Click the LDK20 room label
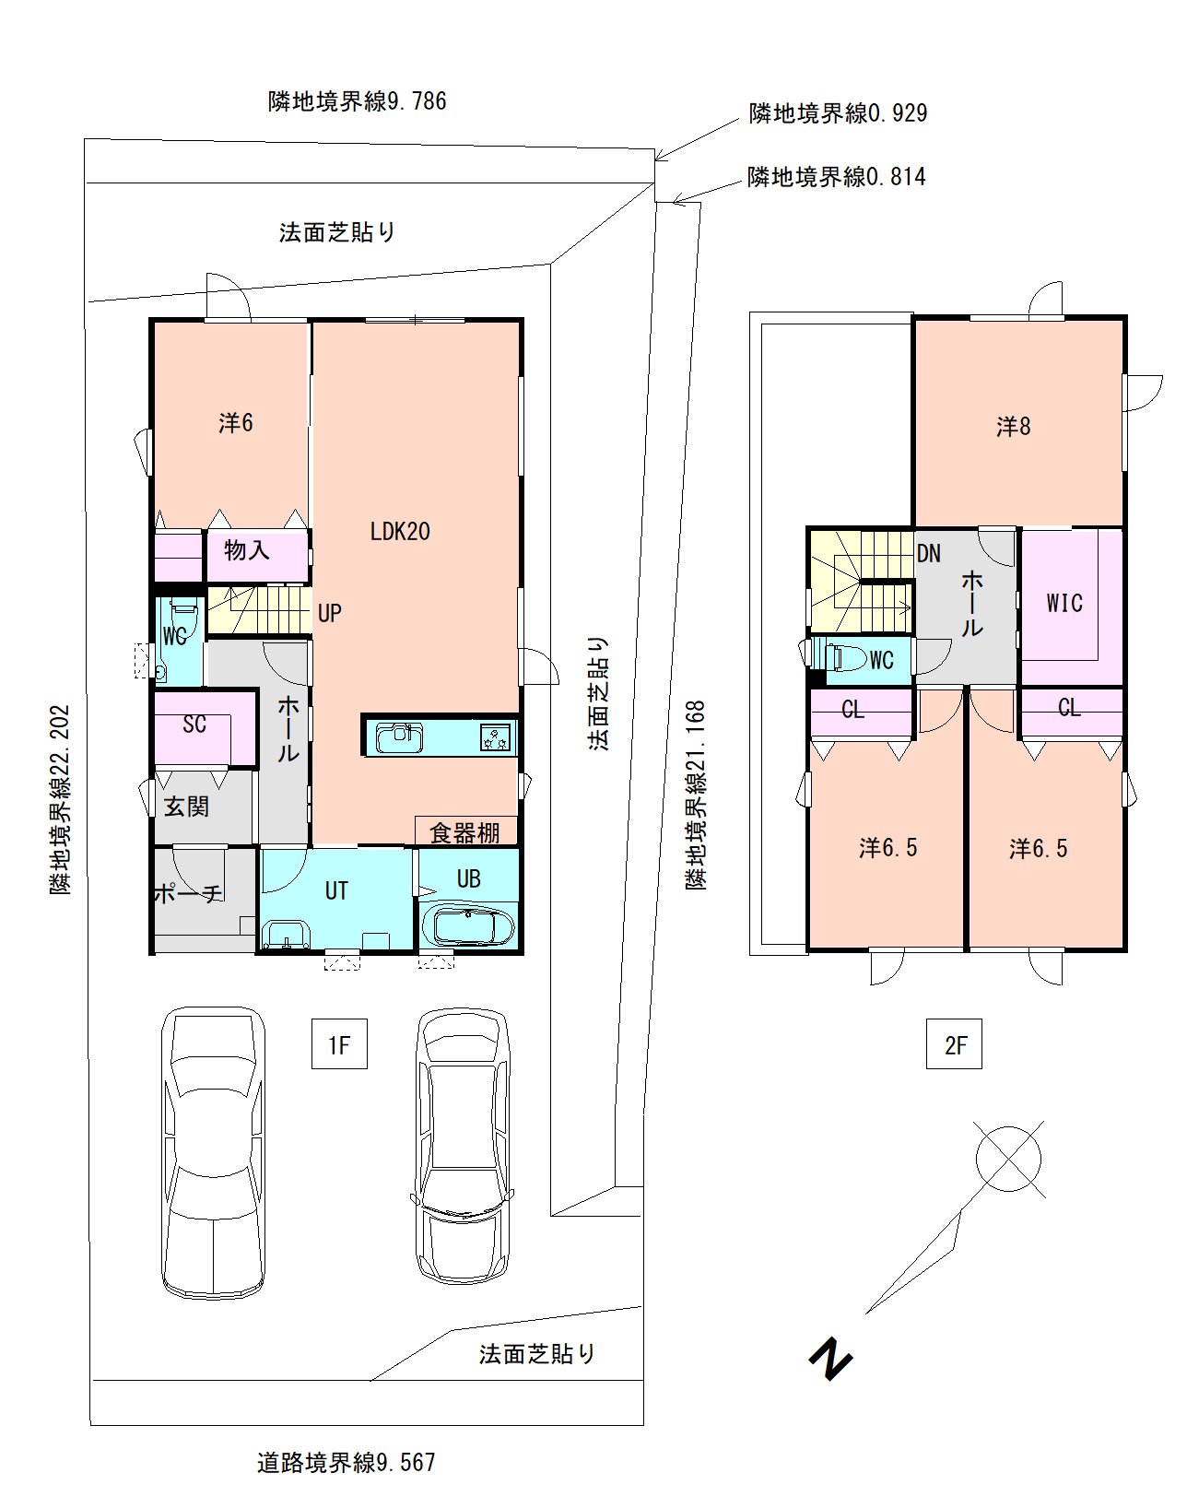point(400,531)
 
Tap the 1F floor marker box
point(339,1043)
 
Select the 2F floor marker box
point(954,1043)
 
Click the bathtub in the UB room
point(469,926)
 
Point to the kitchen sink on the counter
point(399,737)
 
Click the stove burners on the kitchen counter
point(495,738)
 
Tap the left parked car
point(214,1153)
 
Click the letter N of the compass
point(830,1361)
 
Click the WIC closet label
point(1064,603)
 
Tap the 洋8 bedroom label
point(1013,426)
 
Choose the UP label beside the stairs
point(329,613)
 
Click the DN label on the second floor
point(928,554)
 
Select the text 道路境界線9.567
point(347,1463)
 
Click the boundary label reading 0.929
point(838,112)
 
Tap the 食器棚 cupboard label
point(464,832)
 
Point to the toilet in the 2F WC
point(845,659)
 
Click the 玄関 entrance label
point(186,807)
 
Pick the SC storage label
point(194,724)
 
